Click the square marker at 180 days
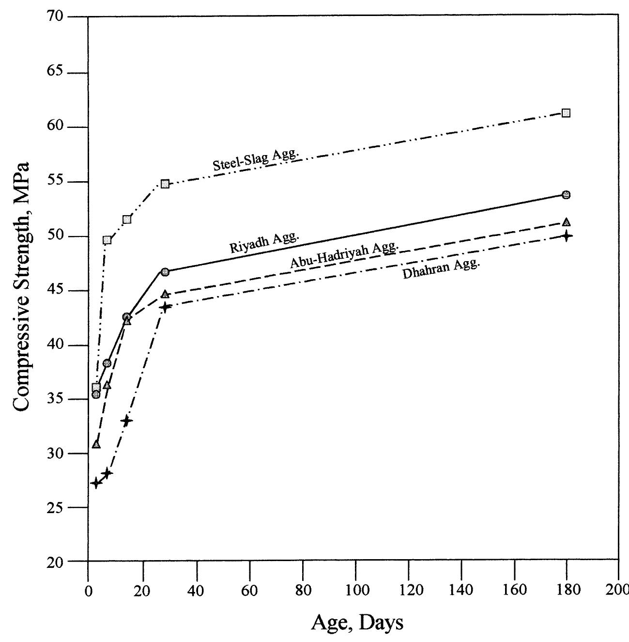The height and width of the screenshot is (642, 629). [x=566, y=113]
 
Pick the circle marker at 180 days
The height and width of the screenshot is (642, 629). [x=566, y=195]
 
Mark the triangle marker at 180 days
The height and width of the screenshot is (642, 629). [x=566, y=222]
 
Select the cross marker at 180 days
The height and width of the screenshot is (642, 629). [x=566, y=236]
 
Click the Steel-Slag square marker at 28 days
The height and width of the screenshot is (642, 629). [x=165, y=184]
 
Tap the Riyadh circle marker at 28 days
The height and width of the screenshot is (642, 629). [x=165, y=272]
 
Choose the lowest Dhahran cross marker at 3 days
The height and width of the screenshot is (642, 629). [x=96, y=483]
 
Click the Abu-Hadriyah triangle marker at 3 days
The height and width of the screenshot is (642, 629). [x=96, y=444]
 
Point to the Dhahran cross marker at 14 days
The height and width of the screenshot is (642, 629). [x=126, y=421]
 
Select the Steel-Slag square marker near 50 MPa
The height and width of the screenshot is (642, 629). [x=107, y=240]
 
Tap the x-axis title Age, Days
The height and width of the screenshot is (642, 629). [x=356, y=622]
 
